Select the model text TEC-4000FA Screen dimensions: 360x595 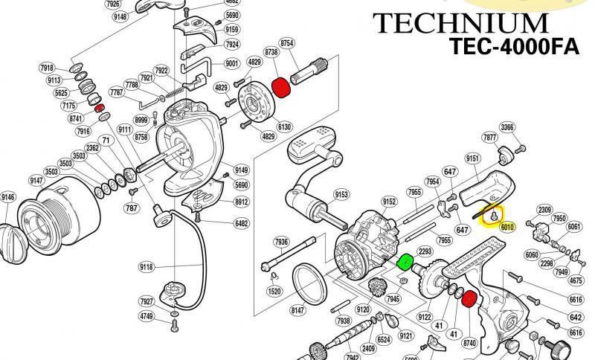pyautogui.click(x=513, y=46)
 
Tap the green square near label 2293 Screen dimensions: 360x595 pyautogui.click(x=405, y=263)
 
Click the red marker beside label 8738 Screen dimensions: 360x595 pyautogui.click(x=281, y=89)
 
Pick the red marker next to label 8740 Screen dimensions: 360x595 pyautogui.click(x=469, y=301)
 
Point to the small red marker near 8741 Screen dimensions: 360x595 pyautogui.click(x=100, y=109)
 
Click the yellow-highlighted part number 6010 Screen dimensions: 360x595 pyautogui.click(x=507, y=226)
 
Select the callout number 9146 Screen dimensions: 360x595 pyautogui.click(x=7, y=197)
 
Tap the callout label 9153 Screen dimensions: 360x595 pyautogui.click(x=341, y=195)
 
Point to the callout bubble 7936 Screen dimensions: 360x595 pyautogui.click(x=280, y=242)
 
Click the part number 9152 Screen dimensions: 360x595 pyautogui.click(x=388, y=201)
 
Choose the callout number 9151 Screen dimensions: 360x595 pyautogui.click(x=470, y=158)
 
